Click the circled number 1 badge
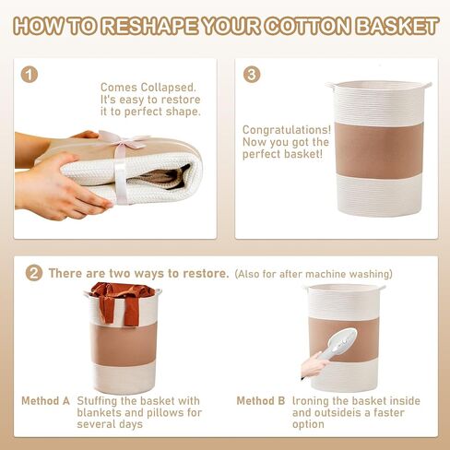point(30,75)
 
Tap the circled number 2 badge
point(34,273)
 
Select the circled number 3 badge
point(252,75)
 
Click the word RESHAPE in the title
point(150,26)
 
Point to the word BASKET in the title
point(397,26)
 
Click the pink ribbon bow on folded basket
point(122,140)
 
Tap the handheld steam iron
point(339,343)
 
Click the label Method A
point(45,401)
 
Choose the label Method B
point(261,401)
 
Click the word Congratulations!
point(287,130)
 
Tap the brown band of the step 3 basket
point(379,150)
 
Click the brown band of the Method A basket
point(124,344)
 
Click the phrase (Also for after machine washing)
point(314,274)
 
